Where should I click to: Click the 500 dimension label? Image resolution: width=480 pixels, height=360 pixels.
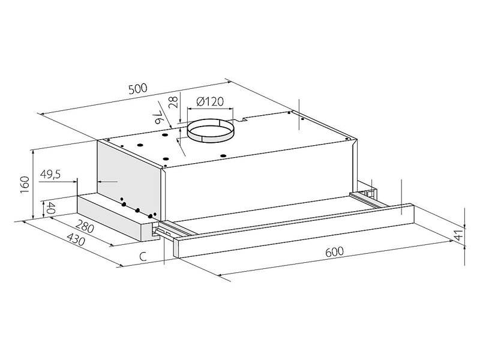[138, 89]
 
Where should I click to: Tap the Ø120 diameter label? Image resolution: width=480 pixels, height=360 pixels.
[210, 101]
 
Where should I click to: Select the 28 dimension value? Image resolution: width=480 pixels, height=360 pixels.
[173, 102]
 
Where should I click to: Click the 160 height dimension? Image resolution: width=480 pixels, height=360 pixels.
[25, 184]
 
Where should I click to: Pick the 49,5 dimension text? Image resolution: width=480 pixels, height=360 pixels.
[50, 174]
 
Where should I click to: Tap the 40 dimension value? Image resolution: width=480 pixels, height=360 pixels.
[50, 208]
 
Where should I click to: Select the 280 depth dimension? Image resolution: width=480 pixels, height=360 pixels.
[84, 226]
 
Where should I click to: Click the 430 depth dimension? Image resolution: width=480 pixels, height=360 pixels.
[76, 239]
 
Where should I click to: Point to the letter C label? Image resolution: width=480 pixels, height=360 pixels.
[143, 256]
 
